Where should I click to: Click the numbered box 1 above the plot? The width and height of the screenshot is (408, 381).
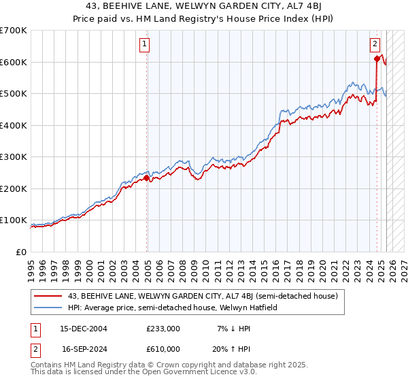[x=146, y=45]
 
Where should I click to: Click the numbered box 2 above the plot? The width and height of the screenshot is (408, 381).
[x=375, y=45]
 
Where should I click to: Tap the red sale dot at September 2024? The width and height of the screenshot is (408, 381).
[x=376, y=59]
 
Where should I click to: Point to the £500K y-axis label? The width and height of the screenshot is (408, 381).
[x=14, y=94]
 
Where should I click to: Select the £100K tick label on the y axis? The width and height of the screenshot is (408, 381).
[x=14, y=220]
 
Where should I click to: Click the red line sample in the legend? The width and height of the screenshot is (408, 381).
[x=48, y=296]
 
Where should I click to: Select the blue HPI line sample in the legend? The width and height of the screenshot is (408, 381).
[x=48, y=308]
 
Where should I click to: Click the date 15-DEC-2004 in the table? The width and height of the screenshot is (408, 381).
[x=84, y=329]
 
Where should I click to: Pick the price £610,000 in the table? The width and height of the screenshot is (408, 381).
[x=163, y=348]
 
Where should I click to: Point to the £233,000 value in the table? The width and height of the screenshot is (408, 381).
[x=163, y=329]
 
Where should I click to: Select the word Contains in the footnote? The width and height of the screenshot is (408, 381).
[x=46, y=365]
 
